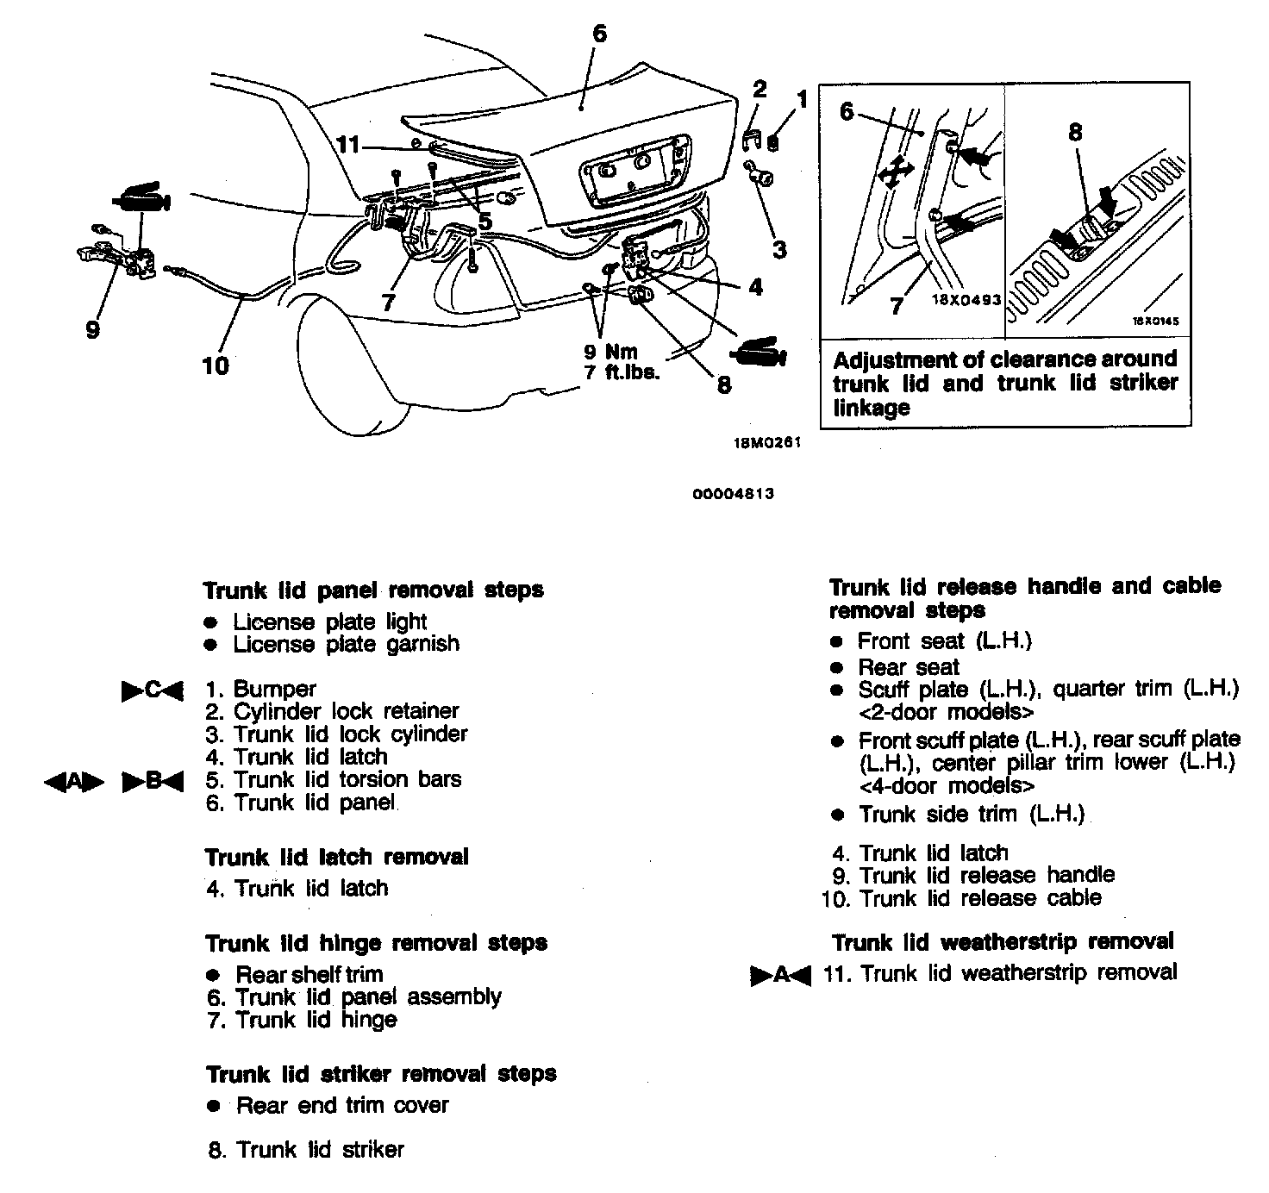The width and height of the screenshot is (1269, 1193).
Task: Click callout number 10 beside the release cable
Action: tap(215, 365)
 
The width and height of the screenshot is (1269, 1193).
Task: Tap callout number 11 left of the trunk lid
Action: tap(347, 145)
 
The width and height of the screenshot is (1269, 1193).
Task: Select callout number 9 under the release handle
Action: tap(93, 328)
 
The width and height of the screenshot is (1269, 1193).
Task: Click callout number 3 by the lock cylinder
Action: tap(779, 250)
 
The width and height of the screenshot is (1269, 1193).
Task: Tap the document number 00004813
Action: tap(734, 494)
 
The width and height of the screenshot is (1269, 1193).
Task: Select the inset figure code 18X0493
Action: tap(966, 301)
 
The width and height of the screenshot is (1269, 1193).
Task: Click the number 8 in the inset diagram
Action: tap(1075, 132)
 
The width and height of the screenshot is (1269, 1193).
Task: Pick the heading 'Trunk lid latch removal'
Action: tap(336, 857)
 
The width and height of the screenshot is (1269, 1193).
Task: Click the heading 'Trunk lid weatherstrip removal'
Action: tap(1003, 941)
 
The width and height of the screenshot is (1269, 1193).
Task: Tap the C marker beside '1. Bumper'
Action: tap(152, 690)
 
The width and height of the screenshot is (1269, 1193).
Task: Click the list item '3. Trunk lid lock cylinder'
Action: tap(337, 734)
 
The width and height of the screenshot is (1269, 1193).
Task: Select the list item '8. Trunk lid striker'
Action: tap(306, 1149)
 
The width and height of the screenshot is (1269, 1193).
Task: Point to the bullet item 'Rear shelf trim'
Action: tap(309, 974)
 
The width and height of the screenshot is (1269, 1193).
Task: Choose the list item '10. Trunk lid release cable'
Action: tap(962, 898)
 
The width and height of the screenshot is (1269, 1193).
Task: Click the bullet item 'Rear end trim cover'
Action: tap(341, 1105)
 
